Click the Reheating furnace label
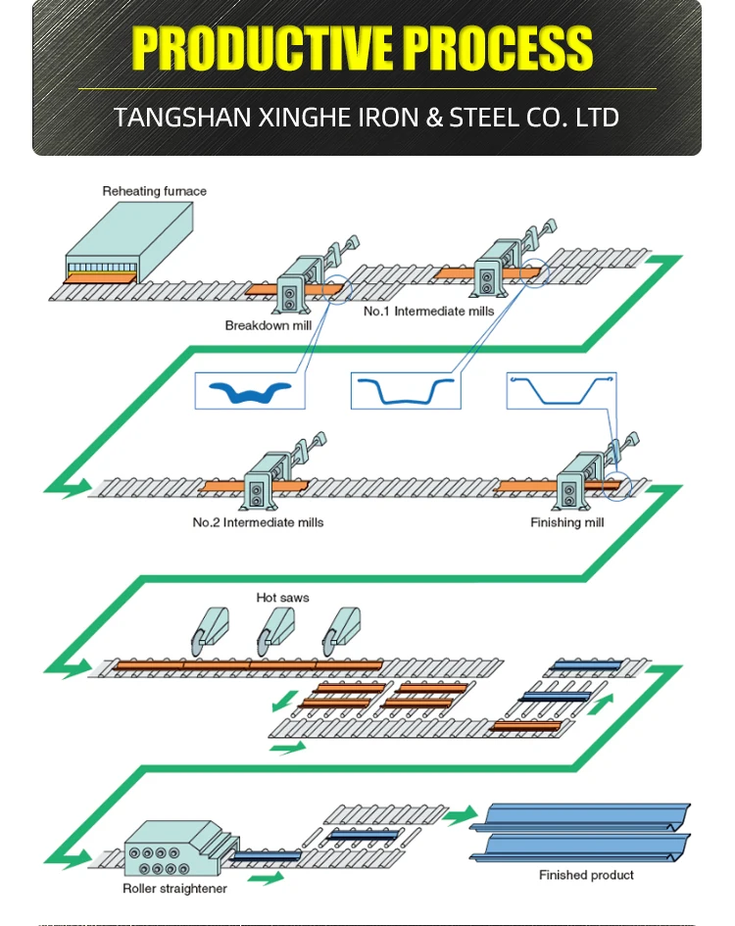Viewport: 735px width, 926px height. tap(154, 191)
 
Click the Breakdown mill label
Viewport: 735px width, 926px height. tap(270, 325)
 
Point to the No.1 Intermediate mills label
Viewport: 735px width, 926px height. tap(429, 311)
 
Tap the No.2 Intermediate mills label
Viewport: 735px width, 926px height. tap(258, 522)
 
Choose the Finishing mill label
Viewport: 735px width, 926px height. tap(567, 522)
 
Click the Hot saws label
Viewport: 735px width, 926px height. tap(282, 597)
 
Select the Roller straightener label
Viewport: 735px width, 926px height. tap(174, 889)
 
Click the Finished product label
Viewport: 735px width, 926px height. tap(586, 875)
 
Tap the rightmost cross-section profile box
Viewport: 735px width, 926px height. tap(561, 390)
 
